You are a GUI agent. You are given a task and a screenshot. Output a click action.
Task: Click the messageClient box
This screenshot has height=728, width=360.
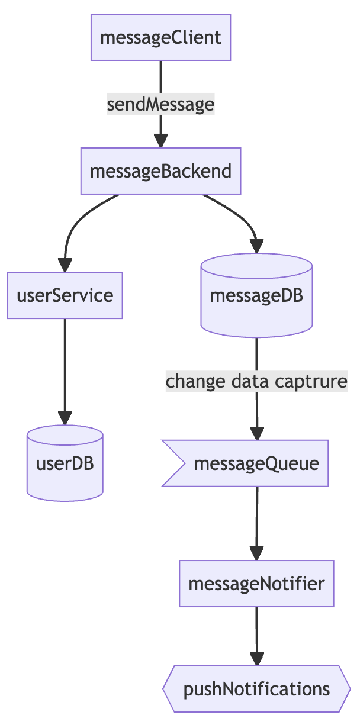coord(160,38)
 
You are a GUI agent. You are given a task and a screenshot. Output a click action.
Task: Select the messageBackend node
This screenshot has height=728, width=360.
coord(160,171)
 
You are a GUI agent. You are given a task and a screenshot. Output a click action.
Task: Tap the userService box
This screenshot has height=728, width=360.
coord(65,295)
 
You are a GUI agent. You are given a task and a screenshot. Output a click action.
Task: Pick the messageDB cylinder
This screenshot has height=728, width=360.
coord(256,296)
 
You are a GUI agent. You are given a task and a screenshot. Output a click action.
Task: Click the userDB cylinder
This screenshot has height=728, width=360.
coord(65,463)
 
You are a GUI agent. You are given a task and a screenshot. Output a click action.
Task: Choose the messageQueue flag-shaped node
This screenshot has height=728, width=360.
coord(249,463)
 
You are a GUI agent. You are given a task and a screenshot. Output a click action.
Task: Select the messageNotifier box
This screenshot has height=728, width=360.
coord(256,584)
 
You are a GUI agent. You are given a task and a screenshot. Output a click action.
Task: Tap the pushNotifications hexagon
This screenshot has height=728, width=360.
coord(256,689)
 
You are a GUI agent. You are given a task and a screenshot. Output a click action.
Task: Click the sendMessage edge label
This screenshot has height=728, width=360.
coord(160,105)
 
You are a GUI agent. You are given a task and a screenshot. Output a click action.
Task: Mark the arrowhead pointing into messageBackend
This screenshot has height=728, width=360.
coord(160,141)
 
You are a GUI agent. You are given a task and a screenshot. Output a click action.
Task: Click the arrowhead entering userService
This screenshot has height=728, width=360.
coord(65,265)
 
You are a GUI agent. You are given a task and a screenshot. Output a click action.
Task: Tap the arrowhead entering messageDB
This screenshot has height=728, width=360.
coord(256,246)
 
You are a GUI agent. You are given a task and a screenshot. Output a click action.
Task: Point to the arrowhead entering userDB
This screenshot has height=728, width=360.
coord(65,418)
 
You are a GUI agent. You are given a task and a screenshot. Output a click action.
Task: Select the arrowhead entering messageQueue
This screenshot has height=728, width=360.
coord(256,433)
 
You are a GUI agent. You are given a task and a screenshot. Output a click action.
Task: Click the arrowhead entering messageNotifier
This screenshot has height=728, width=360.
coord(256,553)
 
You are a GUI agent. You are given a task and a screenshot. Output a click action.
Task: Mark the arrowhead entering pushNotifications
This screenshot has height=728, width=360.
coord(256,659)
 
